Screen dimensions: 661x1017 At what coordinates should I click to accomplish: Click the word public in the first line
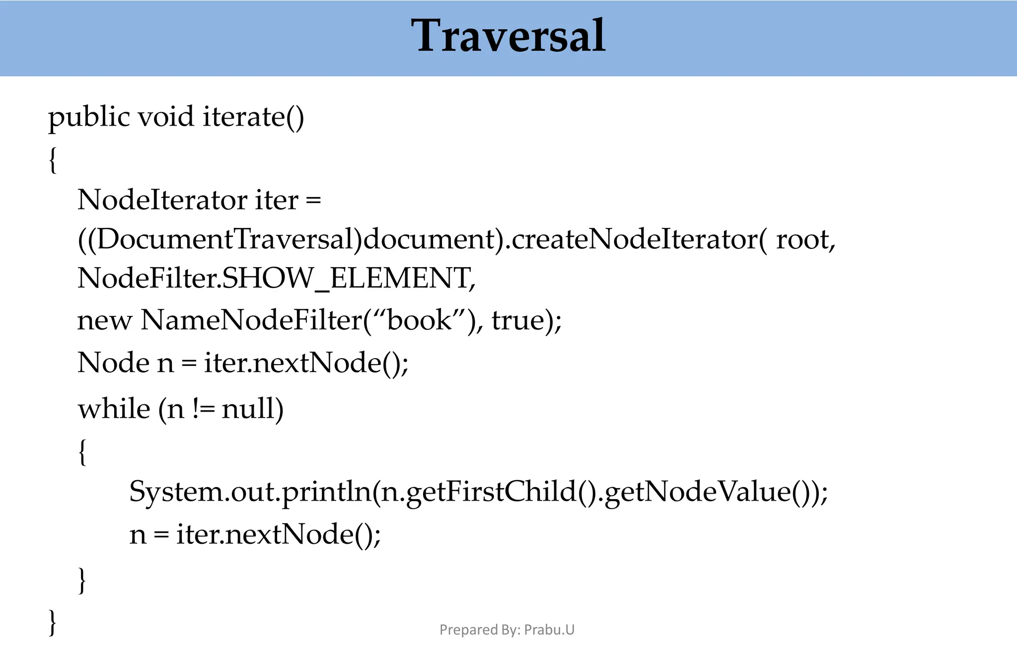tap(89, 118)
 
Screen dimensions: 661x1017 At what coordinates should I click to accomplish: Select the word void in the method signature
tap(165, 117)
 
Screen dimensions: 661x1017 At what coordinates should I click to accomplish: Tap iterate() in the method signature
tap(253, 118)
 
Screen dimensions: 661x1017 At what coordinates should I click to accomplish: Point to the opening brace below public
tap(53, 160)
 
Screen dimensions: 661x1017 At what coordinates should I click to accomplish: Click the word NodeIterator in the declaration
tap(162, 200)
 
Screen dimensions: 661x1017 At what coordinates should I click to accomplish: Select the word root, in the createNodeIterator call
tap(805, 240)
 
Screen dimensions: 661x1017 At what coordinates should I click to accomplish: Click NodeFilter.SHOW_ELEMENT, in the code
tap(276, 278)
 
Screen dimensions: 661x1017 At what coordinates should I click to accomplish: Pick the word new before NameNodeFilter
tap(104, 320)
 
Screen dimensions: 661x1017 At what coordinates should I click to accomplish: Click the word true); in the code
tap(526, 320)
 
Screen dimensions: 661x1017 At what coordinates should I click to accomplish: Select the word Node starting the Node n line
tap(113, 363)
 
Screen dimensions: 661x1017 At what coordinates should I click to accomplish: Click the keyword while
tap(114, 409)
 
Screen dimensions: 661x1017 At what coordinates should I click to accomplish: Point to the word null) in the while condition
tap(252, 409)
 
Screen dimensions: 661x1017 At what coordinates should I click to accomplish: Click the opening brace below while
tap(82, 451)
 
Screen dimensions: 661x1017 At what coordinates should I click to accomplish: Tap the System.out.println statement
tap(478, 492)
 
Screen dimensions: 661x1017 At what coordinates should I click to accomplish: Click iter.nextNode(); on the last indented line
tap(278, 535)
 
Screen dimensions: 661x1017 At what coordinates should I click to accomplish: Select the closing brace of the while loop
tap(82, 580)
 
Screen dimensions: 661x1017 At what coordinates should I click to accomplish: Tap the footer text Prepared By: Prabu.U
tap(507, 630)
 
